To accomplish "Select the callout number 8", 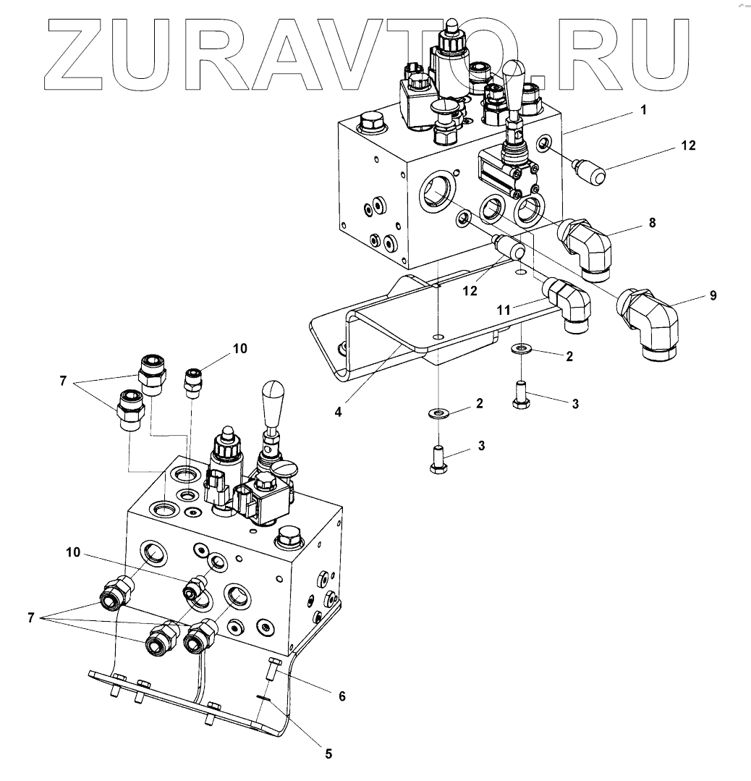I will (652, 223).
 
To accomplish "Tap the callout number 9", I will (713, 296).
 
